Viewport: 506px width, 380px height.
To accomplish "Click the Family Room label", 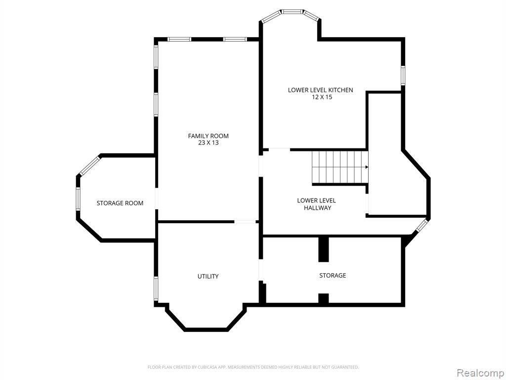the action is (x=208, y=136).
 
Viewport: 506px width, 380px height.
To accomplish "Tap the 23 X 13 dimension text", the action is (x=208, y=143).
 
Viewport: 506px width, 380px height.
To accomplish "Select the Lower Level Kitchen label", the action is (x=320, y=90).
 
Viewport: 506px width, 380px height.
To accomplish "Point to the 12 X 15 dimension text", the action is (x=322, y=97).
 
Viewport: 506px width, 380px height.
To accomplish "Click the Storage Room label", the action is (x=120, y=203).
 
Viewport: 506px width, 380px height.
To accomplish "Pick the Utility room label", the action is (x=208, y=276).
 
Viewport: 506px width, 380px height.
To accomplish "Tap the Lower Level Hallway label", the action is (x=317, y=204).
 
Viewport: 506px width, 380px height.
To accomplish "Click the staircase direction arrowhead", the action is (x=367, y=167).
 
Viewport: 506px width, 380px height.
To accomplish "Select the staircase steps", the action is (x=340, y=167).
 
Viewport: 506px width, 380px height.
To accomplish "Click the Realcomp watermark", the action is (x=480, y=373).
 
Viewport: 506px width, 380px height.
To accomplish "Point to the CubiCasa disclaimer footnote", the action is (x=253, y=367).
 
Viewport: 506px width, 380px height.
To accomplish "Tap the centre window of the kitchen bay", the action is (x=293, y=12).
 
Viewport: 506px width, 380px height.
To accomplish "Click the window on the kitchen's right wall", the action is (x=403, y=75).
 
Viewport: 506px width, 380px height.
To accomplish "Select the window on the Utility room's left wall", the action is (x=156, y=289).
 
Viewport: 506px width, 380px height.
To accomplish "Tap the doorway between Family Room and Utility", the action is (x=245, y=222).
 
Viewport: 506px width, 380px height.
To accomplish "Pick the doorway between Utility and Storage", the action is (x=261, y=270).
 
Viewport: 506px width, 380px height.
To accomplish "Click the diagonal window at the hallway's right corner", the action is (x=422, y=225).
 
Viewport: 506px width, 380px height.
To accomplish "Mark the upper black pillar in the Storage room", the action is (x=323, y=249).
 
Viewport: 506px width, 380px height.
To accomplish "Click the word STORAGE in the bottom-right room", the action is (x=333, y=275).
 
